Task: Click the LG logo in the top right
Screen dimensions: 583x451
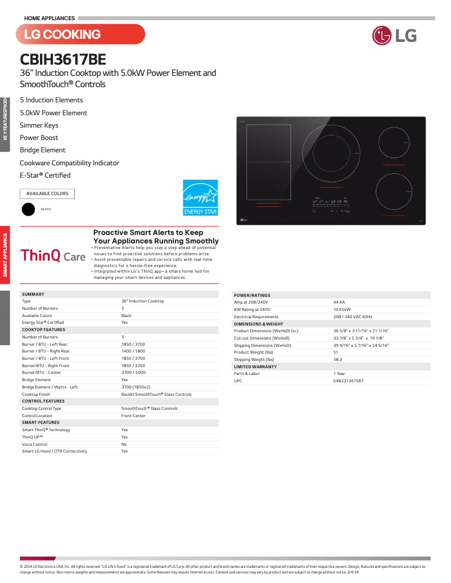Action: (x=394, y=35)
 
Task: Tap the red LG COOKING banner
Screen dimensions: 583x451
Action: (x=80, y=34)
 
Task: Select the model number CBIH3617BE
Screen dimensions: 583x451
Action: (x=63, y=59)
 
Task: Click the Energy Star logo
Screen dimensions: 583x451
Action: (x=200, y=197)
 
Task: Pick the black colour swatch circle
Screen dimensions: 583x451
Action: (x=28, y=209)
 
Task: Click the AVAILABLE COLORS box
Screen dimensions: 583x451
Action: (x=47, y=194)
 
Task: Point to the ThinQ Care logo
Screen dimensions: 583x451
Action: (x=53, y=256)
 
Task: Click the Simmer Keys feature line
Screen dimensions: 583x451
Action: (x=39, y=125)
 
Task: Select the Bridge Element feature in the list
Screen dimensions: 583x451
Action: (x=43, y=150)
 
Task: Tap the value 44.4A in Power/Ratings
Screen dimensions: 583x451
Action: (x=339, y=302)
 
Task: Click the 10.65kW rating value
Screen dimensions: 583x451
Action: (x=342, y=309)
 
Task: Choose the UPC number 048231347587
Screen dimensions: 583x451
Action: (x=348, y=381)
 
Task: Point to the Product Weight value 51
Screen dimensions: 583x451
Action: (x=336, y=352)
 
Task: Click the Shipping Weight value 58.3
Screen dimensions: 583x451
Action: (x=337, y=359)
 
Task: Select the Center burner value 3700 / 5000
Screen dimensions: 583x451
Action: (x=133, y=373)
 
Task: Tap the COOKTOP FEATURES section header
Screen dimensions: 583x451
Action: (x=43, y=330)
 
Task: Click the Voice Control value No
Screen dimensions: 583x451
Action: (x=124, y=444)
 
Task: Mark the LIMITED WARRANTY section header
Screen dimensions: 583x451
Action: (x=255, y=367)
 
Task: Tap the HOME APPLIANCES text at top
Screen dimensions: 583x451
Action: (x=49, y=19)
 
